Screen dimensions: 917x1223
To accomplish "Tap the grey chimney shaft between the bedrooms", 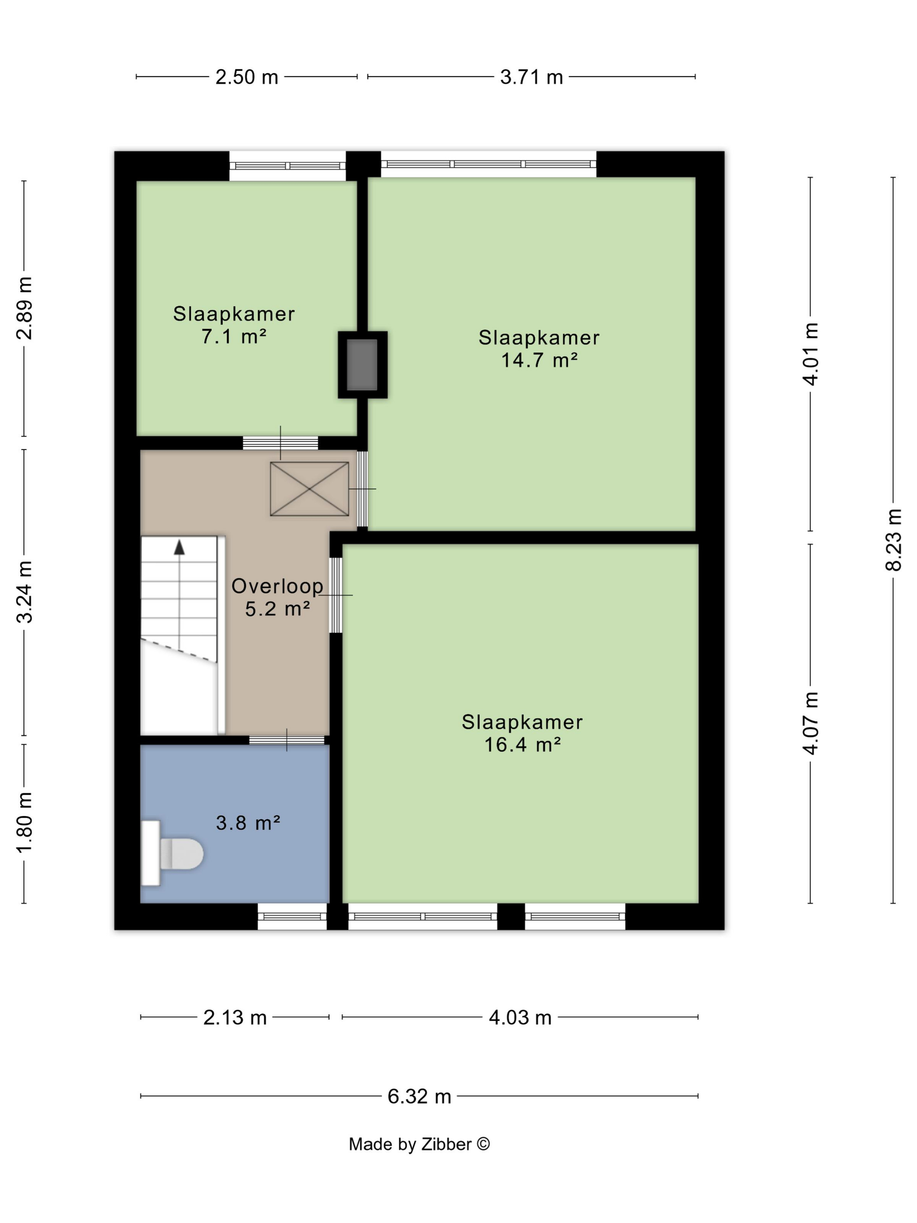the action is [x=362, y=364].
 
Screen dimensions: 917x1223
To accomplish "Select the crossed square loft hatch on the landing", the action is [x=309, y=489].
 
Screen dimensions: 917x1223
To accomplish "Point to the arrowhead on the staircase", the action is [x=179, y=547].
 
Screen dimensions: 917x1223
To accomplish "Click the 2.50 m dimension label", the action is [x=247, y=77].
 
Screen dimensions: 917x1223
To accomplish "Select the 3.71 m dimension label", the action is [x=531, y=77].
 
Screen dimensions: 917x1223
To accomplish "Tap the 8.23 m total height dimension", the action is [x=893, y=539].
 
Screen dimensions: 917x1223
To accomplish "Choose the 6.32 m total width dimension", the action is [x=419, y=1096].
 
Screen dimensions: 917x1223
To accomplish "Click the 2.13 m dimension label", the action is [x=235, y=1017].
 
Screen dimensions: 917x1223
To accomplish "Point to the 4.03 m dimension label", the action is [x=520, y=1017].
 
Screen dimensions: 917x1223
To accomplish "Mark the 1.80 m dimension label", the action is [x=24, y=822].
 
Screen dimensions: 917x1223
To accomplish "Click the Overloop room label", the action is [x=277, y=586].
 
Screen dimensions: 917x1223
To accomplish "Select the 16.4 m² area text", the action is [x=522, y=745].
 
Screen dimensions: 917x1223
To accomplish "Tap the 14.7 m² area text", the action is [x=539, y=360].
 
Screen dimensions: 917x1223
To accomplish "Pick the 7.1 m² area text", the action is [x=234, y=336].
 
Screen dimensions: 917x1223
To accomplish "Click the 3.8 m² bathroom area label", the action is [x=248, y=823].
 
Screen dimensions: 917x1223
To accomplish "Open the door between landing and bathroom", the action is [x=286, y=740].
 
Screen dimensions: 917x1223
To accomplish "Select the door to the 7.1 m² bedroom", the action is [x=280, y=442].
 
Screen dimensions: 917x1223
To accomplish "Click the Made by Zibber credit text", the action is [x=419, y=1144].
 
